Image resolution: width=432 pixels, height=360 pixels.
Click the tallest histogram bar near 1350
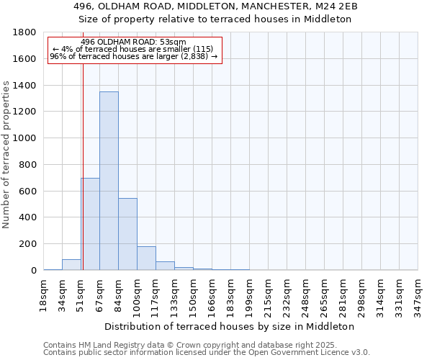coord(109,181)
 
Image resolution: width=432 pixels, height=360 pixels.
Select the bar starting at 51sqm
coord(90,224)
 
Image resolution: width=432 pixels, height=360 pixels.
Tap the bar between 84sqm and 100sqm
coord(127,234)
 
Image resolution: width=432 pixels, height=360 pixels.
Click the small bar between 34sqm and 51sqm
coord(71,265)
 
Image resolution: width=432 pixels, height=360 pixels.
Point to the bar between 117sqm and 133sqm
coord(165,266)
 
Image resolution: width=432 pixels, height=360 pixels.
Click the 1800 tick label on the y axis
coord(25,32)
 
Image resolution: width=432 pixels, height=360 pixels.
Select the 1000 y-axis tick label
coord(25,138)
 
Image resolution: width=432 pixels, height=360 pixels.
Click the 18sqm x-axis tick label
coord(43,293)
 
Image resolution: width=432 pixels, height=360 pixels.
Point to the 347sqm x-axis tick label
coord(418,293)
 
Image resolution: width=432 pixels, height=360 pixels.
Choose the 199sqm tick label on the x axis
coord(249,293)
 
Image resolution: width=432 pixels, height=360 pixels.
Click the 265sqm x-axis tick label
coord(324,293)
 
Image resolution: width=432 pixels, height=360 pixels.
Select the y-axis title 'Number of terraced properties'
coord(7,155)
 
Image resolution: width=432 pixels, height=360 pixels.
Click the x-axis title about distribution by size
coord(235,326)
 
